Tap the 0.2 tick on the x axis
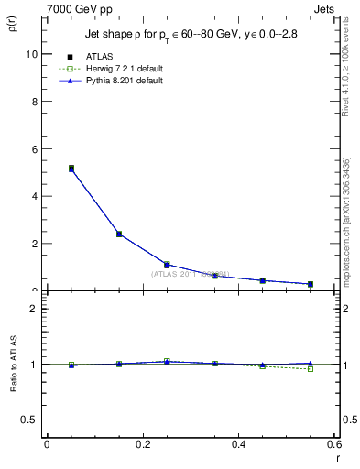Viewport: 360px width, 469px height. click(x=143, y=444)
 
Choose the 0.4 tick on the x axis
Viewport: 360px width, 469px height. click(x=238, y=444)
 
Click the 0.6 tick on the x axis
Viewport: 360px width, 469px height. click(x=333, y=444)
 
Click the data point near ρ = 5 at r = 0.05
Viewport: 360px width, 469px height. click(x=71, y=169)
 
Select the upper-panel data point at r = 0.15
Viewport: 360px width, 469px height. click(x=119, y=234)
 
